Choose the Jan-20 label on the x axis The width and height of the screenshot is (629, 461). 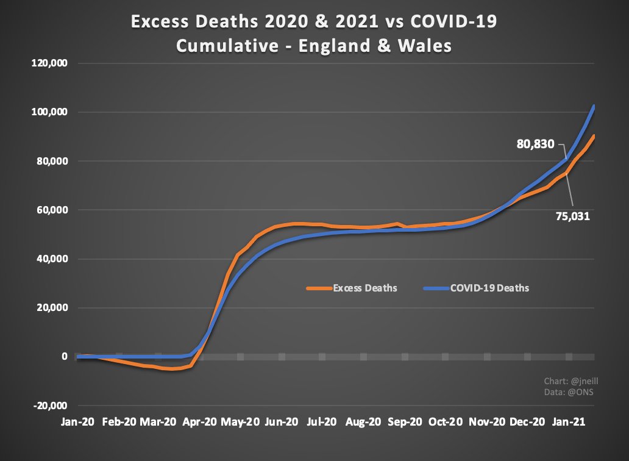[x=77, y=422]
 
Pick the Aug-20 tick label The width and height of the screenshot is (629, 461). [x=364, y=422]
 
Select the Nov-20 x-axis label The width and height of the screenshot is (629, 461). [x=488, y=422]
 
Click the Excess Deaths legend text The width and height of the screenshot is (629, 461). [x=365, y=288]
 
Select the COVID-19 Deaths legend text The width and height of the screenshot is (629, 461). [x=489, y=288]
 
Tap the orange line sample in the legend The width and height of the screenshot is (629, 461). [x=318, y=288]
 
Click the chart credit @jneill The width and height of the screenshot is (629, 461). [x=568, y=381]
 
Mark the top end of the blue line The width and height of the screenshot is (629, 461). [x=594, y=107]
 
